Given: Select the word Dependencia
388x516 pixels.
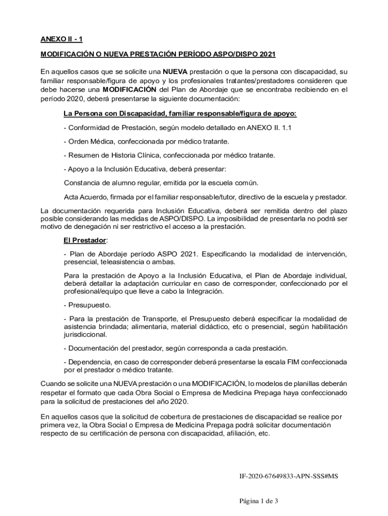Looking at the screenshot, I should pos(89,362).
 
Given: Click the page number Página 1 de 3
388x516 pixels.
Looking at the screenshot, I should pos(258,501).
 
